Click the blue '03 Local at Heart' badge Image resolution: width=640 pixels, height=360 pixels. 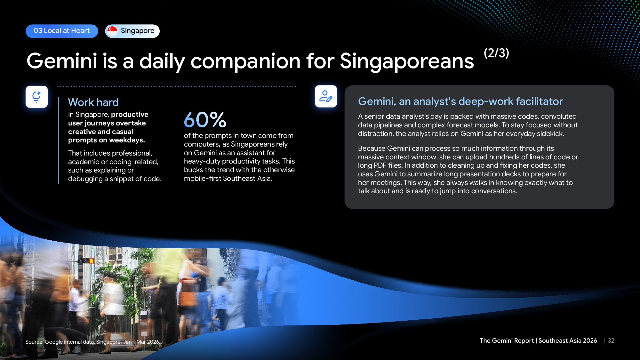coord(62,31)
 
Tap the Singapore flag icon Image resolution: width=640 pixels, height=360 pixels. coord(112,31)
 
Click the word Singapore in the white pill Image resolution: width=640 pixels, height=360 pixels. coord(138,31)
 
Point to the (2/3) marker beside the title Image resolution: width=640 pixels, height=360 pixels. coord(496,53)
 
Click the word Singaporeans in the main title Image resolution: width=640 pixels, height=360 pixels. coord(407,61)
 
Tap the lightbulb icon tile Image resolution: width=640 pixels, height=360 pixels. coord(37,97)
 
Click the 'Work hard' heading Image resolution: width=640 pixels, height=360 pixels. coord(93,102)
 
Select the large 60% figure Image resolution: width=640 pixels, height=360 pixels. coord(205,120)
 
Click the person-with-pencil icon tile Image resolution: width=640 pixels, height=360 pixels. coord(326,96)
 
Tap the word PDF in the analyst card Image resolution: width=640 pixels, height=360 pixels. coord(380,165)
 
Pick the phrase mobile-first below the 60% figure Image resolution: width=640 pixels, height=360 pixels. coord(203,179)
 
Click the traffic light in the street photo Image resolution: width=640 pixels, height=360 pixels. coord(86,261)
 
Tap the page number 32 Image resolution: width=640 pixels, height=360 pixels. coord(611,341)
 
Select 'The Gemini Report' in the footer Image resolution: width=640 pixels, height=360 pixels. coord(507,341)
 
